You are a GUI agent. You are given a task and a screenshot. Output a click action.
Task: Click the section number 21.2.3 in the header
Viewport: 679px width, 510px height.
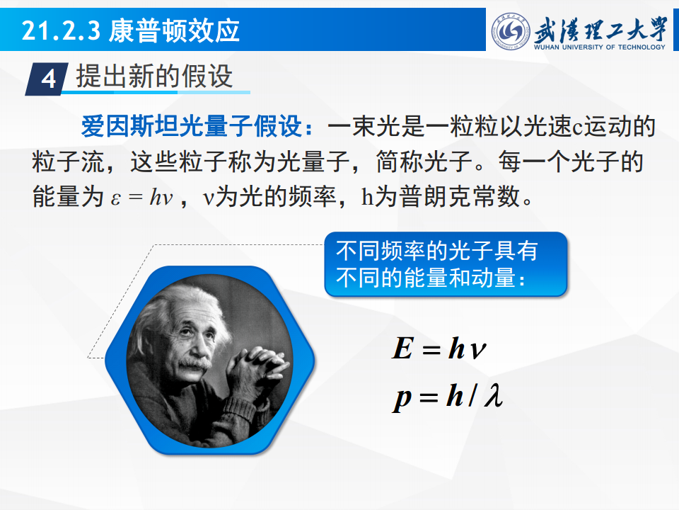tap(61, 30)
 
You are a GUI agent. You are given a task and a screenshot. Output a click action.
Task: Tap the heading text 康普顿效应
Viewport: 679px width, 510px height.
tap(174, 30)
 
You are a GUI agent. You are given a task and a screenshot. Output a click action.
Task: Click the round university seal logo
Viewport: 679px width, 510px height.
tap(511, 30)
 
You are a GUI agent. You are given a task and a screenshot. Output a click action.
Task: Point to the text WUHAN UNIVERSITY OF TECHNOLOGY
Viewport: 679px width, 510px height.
tap(600, 47)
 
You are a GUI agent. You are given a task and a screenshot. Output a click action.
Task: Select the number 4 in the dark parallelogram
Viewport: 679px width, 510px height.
tap(48, 79)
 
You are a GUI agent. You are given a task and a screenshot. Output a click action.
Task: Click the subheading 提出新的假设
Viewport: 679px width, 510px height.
tap(155, 76)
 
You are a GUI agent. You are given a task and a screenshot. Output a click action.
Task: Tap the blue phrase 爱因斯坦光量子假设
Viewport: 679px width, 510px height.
tap(191, 127)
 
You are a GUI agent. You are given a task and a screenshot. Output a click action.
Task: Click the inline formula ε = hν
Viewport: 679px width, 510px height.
tap(142, 198)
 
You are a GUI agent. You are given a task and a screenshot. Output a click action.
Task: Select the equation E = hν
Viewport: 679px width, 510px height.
tap(439, 348)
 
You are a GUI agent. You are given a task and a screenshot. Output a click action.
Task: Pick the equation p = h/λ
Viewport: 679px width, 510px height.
tap(448, 397)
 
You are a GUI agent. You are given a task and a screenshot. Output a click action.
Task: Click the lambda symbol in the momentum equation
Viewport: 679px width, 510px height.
tap(494, 395)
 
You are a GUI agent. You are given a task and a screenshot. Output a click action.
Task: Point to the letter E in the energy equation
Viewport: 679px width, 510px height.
tap(402, 348)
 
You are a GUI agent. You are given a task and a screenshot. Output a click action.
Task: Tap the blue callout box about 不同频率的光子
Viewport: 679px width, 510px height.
tap(446, 264)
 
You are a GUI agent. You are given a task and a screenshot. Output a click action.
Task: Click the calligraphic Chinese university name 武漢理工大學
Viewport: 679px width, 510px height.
tap(601, 30)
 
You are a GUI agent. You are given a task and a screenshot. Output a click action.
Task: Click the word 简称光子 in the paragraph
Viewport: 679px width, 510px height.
tap(424, 161)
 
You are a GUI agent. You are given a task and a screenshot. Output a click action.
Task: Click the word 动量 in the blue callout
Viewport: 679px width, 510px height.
tap(494, 278)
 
